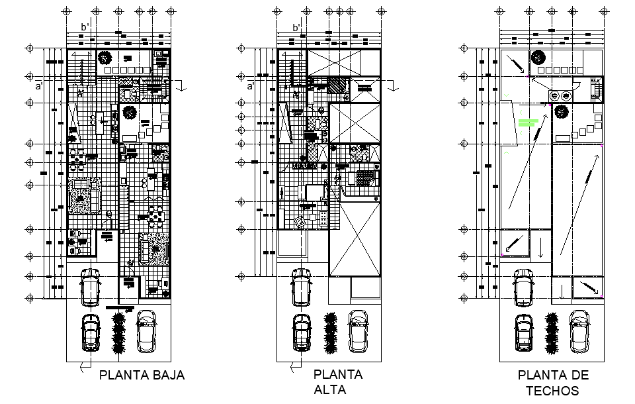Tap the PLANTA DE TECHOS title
pos(553,383)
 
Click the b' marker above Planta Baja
pos(85,27)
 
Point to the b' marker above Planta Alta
pos(297,27)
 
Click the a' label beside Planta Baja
pos(39,86)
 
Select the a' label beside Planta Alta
pos(251,86)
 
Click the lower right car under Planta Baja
pos(146,332)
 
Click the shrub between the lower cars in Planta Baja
pos(118,333)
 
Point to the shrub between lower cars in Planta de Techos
pos(551,333)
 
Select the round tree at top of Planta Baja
pos(105,58)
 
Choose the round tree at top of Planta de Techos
pos(538,58)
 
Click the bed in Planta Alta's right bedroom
pos(365,178)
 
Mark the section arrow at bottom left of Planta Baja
pos(83,365)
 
